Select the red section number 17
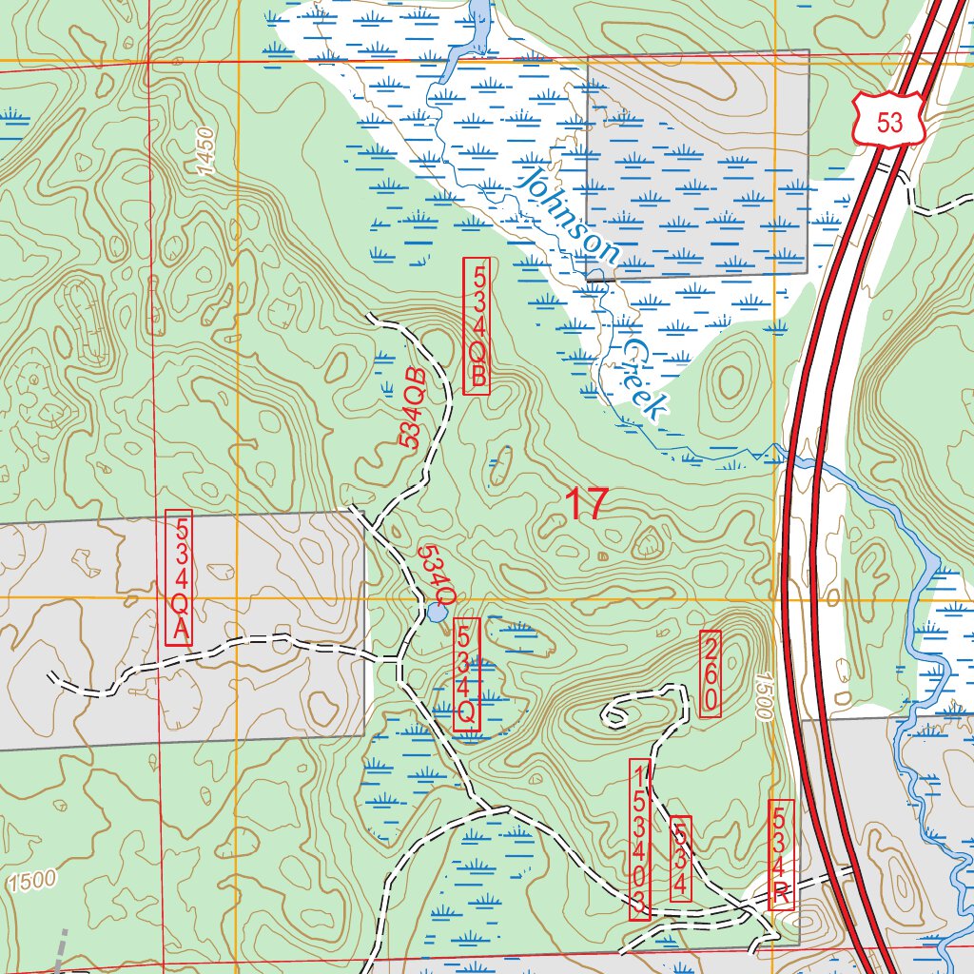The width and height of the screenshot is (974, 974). coord(586,505)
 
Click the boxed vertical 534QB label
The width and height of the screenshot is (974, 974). coord(477,325)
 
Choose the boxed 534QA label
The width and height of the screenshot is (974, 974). coord(179,578)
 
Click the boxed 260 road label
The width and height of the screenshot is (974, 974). coord(711,673)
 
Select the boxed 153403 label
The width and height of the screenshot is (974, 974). coord(640,839)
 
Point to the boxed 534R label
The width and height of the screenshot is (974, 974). coord(780,854)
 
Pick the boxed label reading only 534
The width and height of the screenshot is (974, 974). coord(680,859)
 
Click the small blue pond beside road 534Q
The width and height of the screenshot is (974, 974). coord(437,613)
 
